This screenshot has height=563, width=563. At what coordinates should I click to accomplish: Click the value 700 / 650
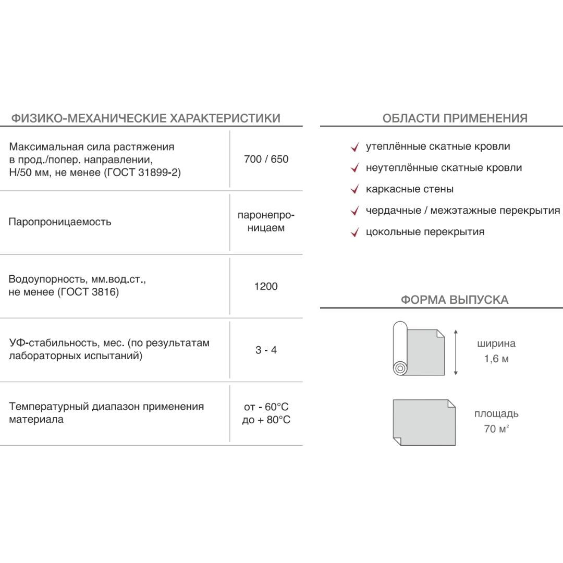coord(266,159)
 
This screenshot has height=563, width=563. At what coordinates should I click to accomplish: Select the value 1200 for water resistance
coord(266,286)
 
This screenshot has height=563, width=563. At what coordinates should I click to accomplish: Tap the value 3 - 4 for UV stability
coord(266,350)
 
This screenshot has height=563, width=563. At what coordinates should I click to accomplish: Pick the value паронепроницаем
coord(266,222)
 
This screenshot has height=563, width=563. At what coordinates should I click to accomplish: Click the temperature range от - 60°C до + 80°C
coord(266,413)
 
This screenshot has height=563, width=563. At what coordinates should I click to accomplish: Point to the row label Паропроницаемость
coord(60,222)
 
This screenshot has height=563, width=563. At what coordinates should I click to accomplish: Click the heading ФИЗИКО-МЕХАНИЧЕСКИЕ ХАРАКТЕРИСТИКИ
coord(146,118)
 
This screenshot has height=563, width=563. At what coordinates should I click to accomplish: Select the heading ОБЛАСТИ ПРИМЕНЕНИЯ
coord(455,118)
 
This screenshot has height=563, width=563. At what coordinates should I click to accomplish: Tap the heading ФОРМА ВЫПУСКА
coord(455,300)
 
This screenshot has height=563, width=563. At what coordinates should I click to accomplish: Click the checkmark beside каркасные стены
coord(355,190)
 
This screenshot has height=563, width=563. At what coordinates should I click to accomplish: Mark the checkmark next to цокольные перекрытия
coord(355,232)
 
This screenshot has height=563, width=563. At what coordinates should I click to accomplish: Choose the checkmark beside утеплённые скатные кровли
coord(355,147)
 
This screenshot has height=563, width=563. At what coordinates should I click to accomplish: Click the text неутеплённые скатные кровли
coord(444,168)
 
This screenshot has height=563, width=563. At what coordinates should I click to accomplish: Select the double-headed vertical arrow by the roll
coord(456,352)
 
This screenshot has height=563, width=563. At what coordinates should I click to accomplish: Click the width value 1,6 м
coord(496,359)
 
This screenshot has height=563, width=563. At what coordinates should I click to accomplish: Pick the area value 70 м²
coord(496,430)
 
